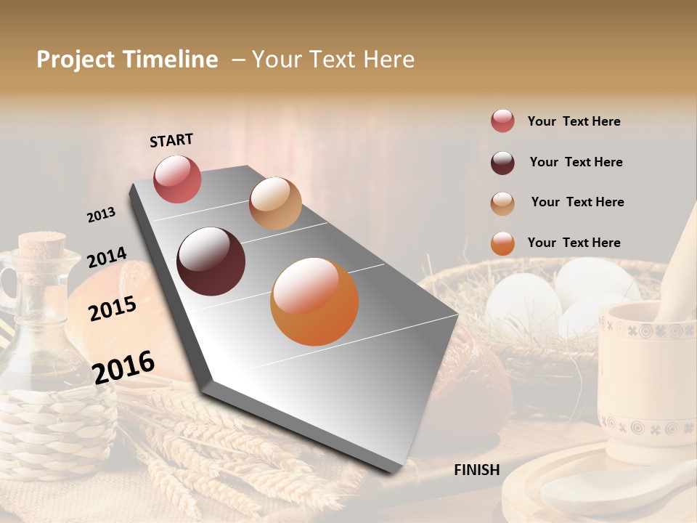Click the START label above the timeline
tap(171, 140)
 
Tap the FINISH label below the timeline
tap(477, 470)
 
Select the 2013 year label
tap(101, 215)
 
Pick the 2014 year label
tap(107, 258)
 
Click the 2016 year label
tap(123, 368)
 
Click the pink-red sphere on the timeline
tap(177, 179)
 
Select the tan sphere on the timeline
tap(275, 203)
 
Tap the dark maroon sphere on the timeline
tap(211, 261)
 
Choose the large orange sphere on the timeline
tap(314, 301)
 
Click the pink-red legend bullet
tap(502, 121)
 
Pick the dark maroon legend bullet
tap(502, 163)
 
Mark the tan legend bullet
tap(502, 203)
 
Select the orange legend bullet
tap(502, 243)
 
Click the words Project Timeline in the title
tap(127, 60)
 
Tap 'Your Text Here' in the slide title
tap(333, 60)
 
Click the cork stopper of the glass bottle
tap(41, 247)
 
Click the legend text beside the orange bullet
tap(574, 243)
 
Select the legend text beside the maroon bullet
tap(576, 162)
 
